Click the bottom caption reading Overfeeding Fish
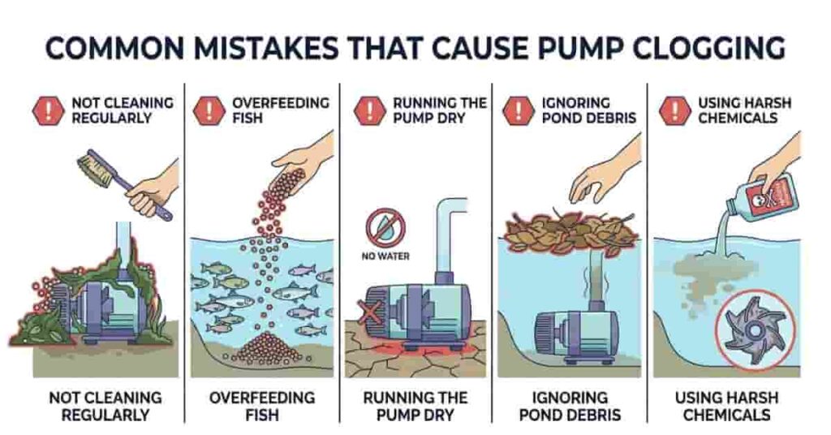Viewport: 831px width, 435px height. (261, 406)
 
